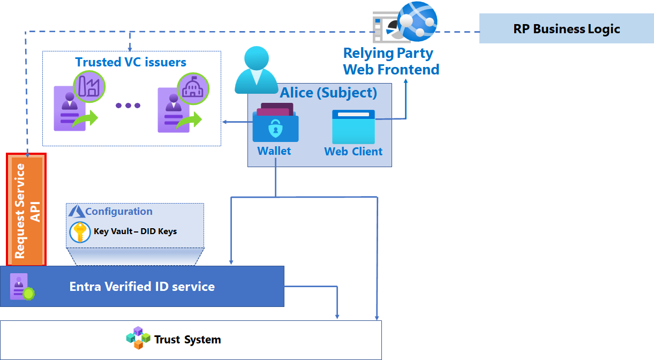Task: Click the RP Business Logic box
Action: tap(566, 29)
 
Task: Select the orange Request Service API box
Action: tap(26, 209)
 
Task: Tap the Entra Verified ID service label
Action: tap(142, 287)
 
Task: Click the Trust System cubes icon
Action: tap(138, 338)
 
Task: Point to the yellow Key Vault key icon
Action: tap(80, 232)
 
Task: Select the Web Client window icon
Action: tap(354, 126)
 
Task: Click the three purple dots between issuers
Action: tap(128, 106)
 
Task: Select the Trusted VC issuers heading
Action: tap(131, 62)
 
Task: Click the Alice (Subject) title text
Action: tap(329, 93)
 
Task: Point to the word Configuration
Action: tap(119, 212)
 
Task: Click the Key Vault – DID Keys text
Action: tap(135, 232)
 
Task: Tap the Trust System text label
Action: tap(187, 340)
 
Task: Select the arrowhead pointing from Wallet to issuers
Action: tap(225, 122)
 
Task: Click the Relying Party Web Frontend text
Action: tap(391, 62)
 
